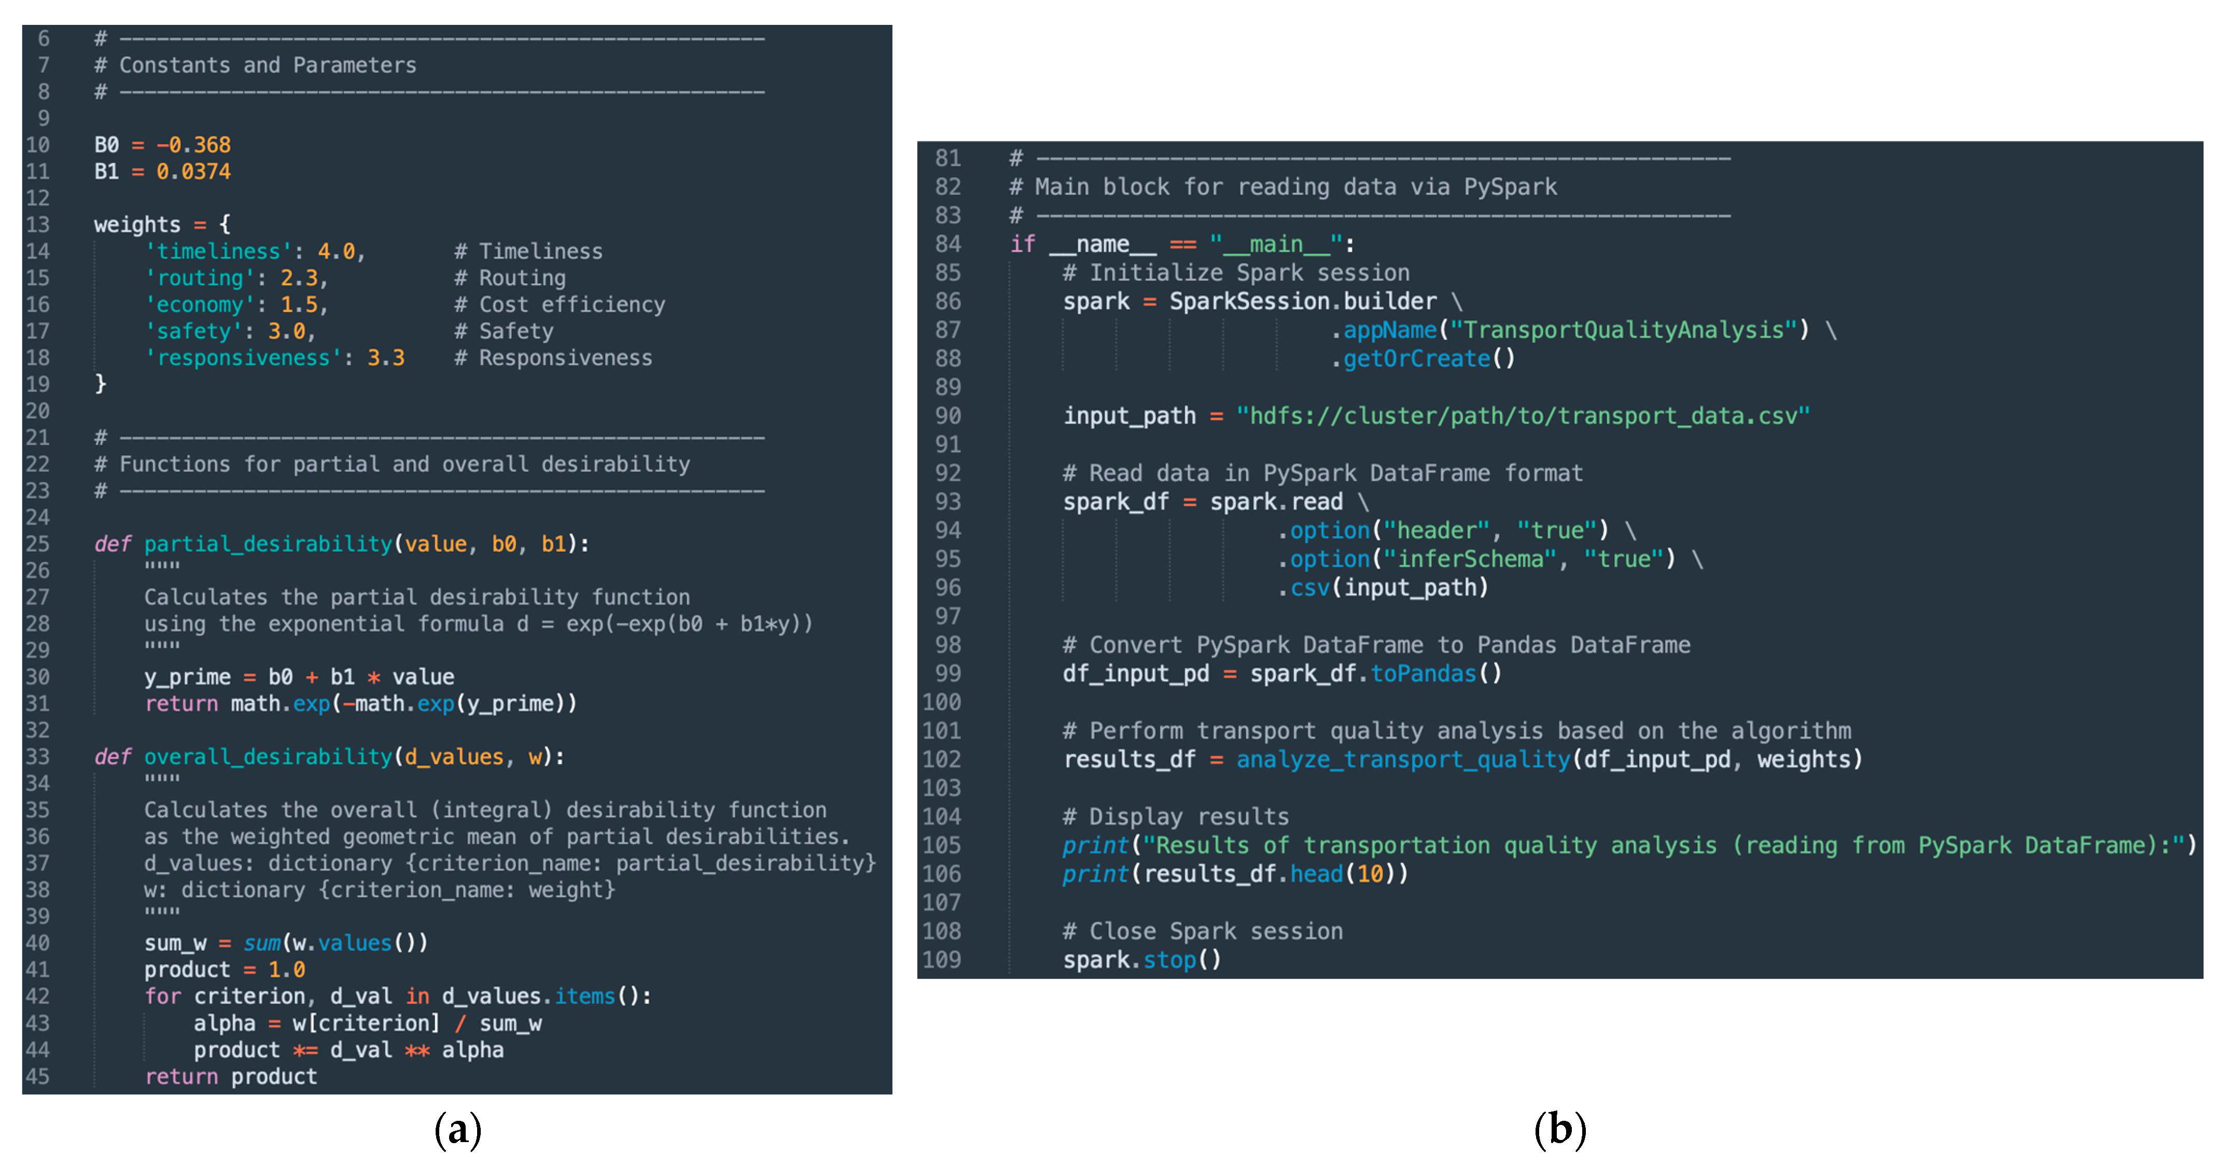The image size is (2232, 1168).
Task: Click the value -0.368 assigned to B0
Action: click(193, 145)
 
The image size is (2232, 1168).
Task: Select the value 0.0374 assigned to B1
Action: click(193, 172)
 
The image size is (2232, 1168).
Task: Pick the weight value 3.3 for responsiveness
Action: click(386, 358)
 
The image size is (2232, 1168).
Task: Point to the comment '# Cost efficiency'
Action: click(560, 305)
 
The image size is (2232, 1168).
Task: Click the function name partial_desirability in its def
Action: click(268, 544)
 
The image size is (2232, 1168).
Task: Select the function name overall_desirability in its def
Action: click(268, 757)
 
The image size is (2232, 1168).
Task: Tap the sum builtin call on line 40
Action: click(262, 942)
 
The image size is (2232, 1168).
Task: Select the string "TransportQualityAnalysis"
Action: click(1624, 330)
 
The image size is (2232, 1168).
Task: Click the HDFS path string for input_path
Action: click(1523, 416)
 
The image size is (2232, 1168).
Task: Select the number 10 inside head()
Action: click(1370, 874)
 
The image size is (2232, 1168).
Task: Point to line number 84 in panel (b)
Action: click(948, 244)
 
